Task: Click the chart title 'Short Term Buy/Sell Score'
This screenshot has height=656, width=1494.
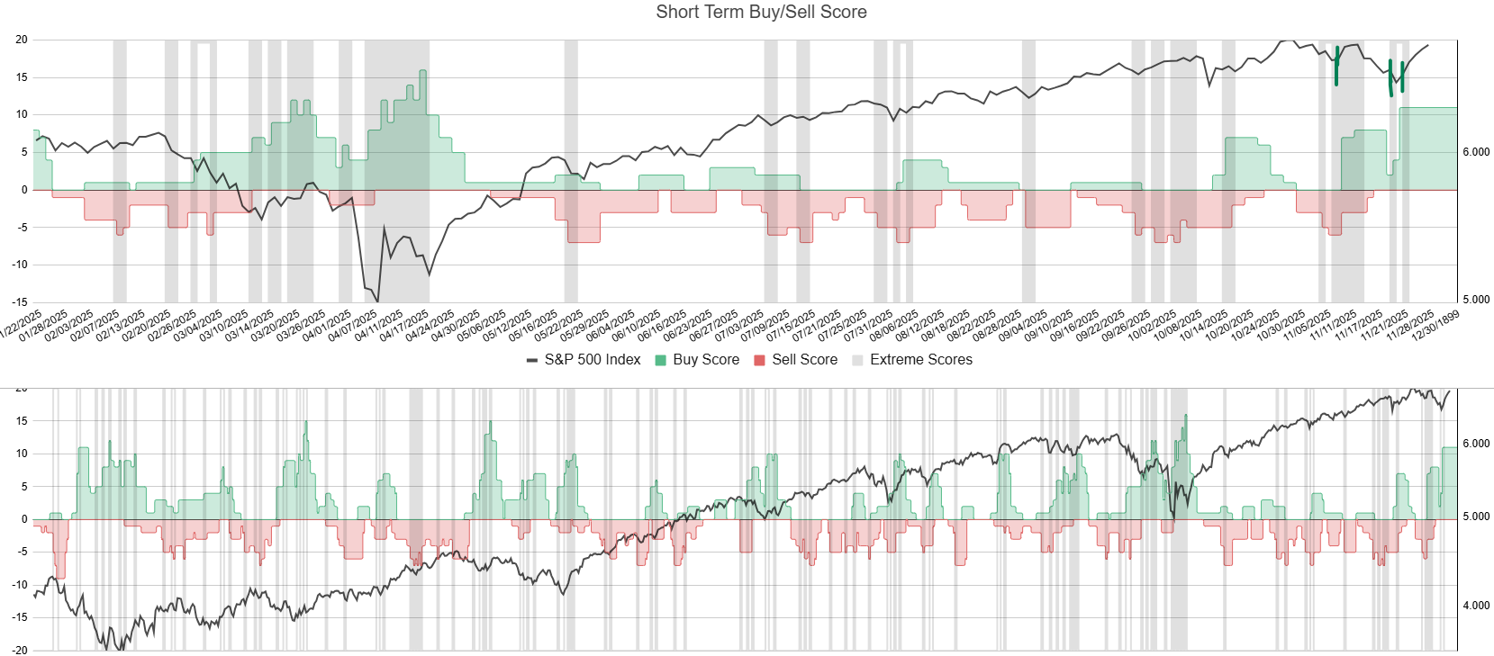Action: pos(761,12)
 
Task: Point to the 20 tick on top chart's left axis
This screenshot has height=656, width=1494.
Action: pos(22,40)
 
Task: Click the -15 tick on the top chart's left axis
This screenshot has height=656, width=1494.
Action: pos(19,302)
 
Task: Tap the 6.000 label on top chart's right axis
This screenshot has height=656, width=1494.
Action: pos(1475,152)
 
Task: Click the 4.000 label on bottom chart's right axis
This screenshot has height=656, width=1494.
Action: pos(1475,606)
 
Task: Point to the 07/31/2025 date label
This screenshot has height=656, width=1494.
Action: pos(870,325)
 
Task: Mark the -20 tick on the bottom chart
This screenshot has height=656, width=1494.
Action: pos(19,650)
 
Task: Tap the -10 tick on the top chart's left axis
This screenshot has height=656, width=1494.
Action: pos(19,265)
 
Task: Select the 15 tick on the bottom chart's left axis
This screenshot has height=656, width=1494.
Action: pos(22,421)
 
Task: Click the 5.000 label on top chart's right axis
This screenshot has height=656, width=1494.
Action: pos(1475,300)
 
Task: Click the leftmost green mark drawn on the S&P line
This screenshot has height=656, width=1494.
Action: pos(1336,66)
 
